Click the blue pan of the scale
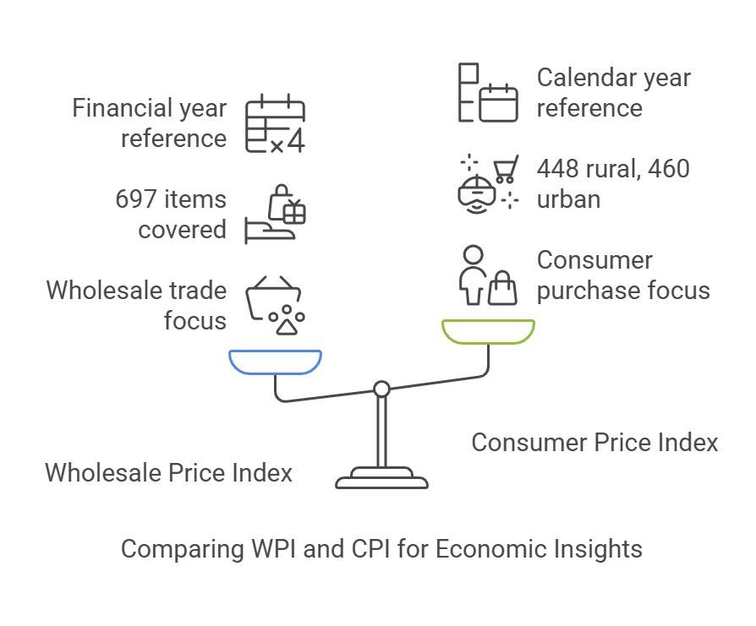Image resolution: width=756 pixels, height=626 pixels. [275, 362]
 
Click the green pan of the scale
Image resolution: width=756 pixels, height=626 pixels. [488, 331]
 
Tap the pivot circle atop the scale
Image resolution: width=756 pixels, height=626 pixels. [381, 389]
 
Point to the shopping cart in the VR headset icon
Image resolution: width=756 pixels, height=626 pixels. [505, 171]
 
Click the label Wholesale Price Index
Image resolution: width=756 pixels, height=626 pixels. [168, 472]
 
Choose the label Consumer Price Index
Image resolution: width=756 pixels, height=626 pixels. [594, 442]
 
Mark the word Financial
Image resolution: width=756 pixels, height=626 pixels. [122, 108]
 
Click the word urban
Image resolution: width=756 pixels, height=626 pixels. [568, 199]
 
